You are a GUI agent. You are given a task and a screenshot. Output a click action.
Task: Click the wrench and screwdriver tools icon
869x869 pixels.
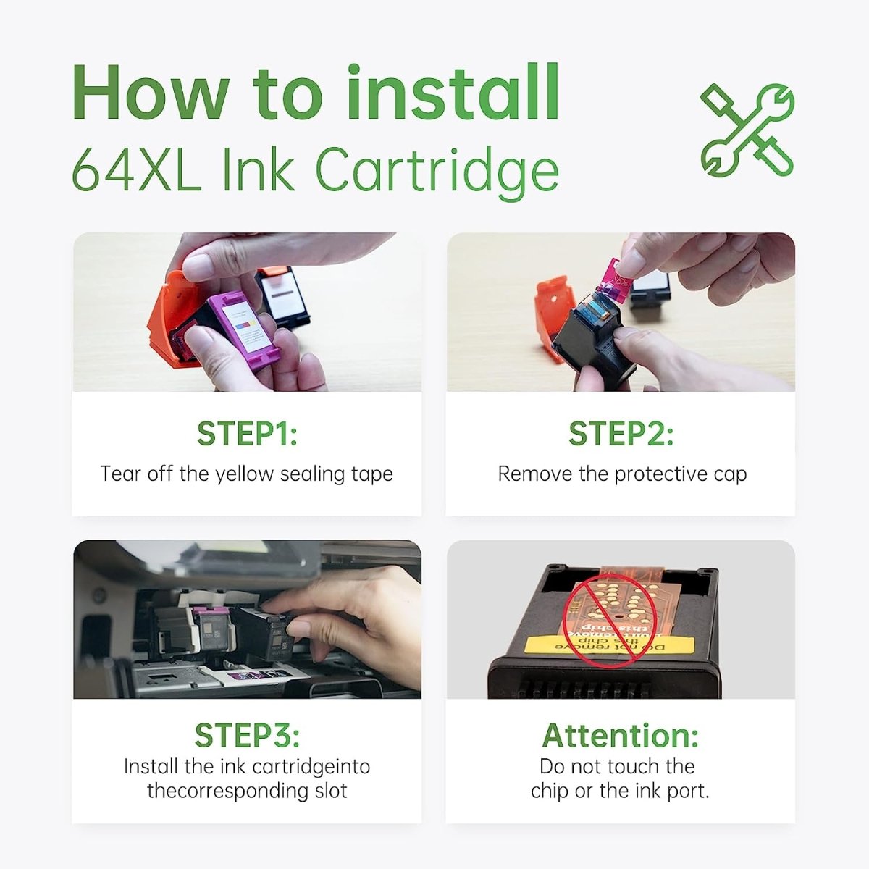point(747,130)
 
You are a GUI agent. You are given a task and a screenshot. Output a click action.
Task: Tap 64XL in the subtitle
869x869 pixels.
point(136,170)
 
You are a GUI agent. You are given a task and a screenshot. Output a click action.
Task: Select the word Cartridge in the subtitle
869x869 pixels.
point(437,172)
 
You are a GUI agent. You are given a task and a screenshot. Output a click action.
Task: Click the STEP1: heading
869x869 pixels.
point(247,434)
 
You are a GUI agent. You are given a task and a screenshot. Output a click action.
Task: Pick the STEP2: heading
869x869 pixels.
point(621,434)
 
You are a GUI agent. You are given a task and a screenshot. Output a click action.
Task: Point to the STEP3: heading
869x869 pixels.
point(247,735)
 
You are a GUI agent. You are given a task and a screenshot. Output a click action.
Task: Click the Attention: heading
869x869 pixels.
point(621,735)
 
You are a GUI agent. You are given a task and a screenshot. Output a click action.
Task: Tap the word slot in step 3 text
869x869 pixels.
point(331,790)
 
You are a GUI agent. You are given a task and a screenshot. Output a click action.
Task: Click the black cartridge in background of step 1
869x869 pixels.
point(286,293)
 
